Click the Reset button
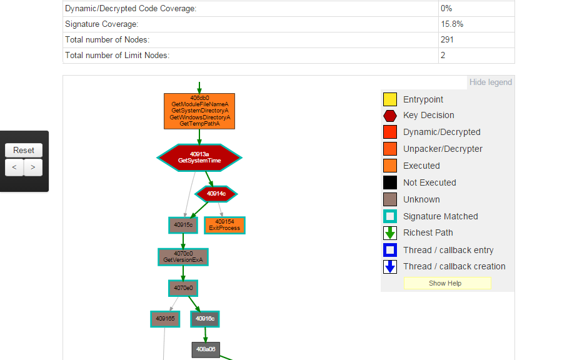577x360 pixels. point(24,150)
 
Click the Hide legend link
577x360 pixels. point(490,82)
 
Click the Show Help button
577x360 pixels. point(446,283)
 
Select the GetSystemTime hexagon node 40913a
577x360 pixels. point(199,157)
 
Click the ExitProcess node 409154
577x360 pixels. point(224,225)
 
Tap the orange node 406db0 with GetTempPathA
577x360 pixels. point(199,111)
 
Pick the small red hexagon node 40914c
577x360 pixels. point(216,194)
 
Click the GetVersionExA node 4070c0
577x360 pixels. point(183,257)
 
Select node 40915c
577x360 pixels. point(183,225)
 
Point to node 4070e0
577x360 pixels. point(183,288)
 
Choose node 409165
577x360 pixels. point(165,319)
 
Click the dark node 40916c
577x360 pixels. point(205,319)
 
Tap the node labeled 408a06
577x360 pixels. point(206,349)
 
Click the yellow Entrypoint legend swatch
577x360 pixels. point(390,99)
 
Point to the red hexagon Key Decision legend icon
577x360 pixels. point(390,116)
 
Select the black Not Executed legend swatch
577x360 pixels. point(390,182)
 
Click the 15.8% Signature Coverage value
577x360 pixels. point(452,24)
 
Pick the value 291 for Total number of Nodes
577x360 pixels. point(447,40)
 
